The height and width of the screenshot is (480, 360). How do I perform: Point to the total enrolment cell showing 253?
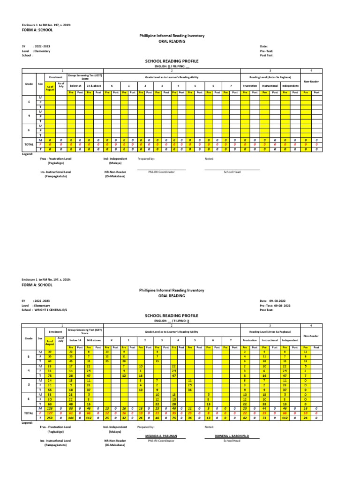point(50,418)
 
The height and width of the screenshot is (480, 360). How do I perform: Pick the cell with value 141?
point(72,418)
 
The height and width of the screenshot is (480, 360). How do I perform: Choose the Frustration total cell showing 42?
point(245,418)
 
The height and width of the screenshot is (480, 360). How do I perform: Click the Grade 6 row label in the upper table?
point(29,130)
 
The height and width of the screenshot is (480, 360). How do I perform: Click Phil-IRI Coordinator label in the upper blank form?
point(161,172)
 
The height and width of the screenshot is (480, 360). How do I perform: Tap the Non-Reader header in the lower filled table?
point(310,336)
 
